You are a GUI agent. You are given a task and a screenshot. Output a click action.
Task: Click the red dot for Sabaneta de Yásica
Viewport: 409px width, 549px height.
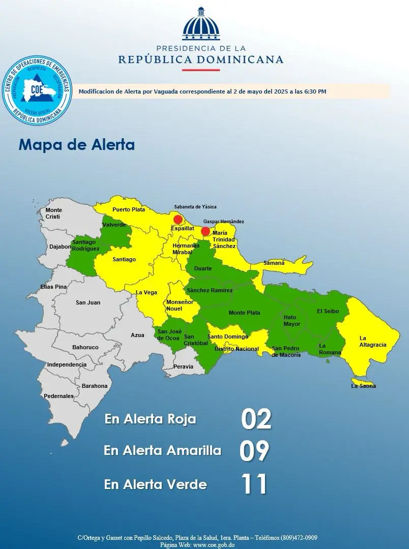178,220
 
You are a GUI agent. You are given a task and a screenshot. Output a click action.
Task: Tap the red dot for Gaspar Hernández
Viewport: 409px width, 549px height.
206,232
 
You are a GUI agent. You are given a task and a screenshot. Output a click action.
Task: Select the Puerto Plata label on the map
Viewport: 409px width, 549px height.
129,209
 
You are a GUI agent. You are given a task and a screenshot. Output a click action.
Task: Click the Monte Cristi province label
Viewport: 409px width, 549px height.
53,213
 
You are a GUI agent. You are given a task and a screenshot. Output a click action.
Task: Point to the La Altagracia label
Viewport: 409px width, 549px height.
372,341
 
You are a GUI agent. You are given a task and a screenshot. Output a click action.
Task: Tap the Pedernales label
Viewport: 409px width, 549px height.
59,396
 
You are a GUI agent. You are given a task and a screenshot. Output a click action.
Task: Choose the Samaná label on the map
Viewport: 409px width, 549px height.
274,263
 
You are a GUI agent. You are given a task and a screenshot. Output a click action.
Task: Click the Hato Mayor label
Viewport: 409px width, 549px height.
292,320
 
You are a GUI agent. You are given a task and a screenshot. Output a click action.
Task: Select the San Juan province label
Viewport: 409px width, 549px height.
88,302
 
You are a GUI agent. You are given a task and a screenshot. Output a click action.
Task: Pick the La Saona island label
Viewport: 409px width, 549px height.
364,386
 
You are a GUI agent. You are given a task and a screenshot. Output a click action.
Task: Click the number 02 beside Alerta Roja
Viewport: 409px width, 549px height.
256,419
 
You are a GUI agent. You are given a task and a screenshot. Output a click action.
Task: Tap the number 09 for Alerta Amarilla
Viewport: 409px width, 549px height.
254,451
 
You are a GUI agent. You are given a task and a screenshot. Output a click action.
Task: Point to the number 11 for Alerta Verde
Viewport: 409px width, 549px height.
254,484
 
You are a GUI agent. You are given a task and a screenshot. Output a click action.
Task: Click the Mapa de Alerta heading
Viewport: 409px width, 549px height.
77,145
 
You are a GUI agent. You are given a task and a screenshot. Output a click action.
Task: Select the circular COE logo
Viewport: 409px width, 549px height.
37,91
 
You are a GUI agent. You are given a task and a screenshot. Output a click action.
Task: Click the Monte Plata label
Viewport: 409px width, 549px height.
244,313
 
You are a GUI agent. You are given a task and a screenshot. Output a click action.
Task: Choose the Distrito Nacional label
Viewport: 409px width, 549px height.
237,349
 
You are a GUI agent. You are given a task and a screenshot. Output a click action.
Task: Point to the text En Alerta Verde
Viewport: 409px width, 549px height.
155,484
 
